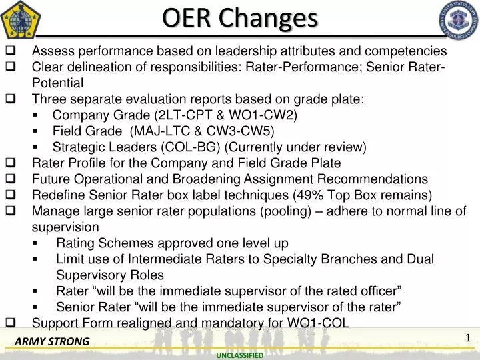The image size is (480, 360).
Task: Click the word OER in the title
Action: tap(185, 18)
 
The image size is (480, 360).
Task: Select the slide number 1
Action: tap(468, 338)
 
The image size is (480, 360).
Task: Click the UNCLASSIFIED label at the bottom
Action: tap(239, 355)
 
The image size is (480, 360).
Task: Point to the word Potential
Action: tap(57, 83)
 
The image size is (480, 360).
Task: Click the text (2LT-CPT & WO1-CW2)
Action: tap(225, 115)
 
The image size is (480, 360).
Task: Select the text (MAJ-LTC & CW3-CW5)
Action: tap(203, 131)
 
